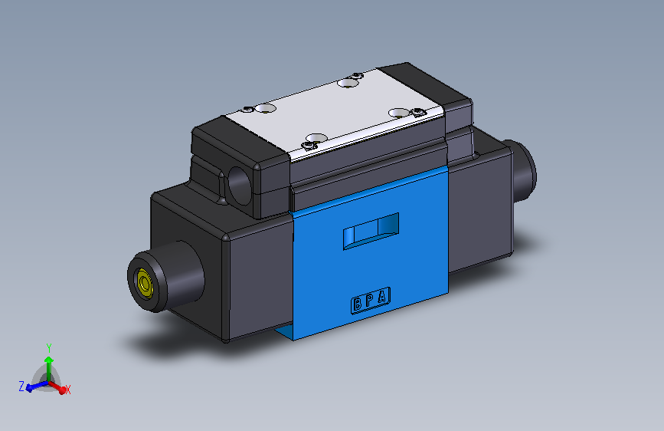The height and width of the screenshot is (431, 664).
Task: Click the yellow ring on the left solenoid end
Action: point(143,284)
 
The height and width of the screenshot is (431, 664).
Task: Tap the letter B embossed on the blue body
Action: point(358,304)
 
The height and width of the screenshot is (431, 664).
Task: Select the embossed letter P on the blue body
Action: point(370,300)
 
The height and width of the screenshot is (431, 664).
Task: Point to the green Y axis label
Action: point(49,347)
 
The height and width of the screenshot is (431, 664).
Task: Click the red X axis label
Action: point(67,390)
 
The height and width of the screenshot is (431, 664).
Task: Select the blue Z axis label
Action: point(21,386)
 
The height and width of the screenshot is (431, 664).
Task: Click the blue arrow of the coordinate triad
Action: point(34,386)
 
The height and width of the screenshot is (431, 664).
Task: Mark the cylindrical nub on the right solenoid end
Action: point(525,172)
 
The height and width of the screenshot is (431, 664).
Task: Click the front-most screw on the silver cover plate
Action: point(310,144)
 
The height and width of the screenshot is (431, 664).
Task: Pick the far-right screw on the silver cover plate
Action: point(418,112)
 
